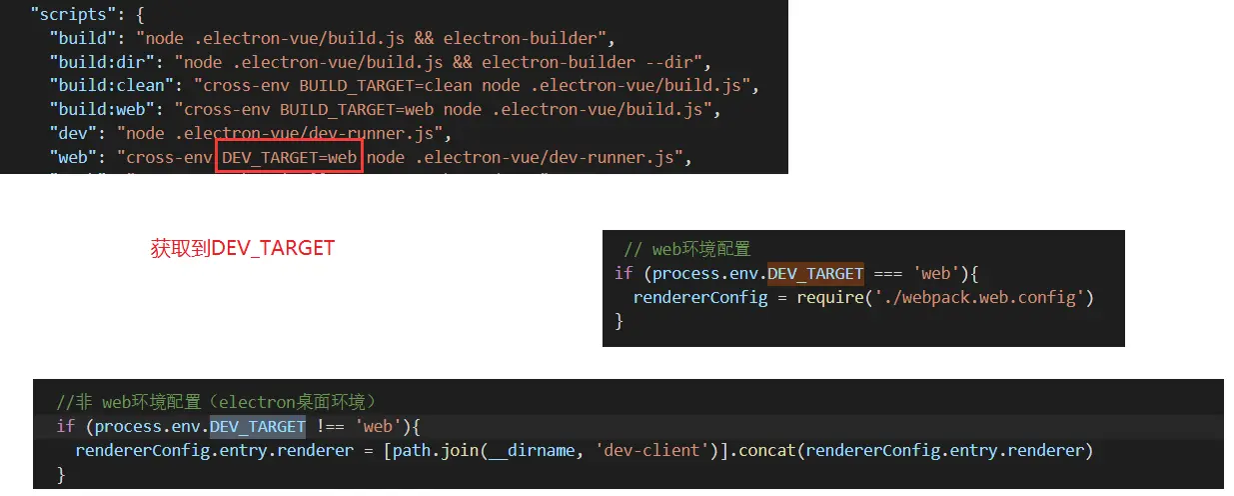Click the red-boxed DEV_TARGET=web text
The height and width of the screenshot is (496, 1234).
(289, 157)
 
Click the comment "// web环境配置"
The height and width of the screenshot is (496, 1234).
(686, 249)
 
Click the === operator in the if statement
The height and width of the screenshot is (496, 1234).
(887, 273)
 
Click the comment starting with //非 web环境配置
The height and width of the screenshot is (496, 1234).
(216, 402)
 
